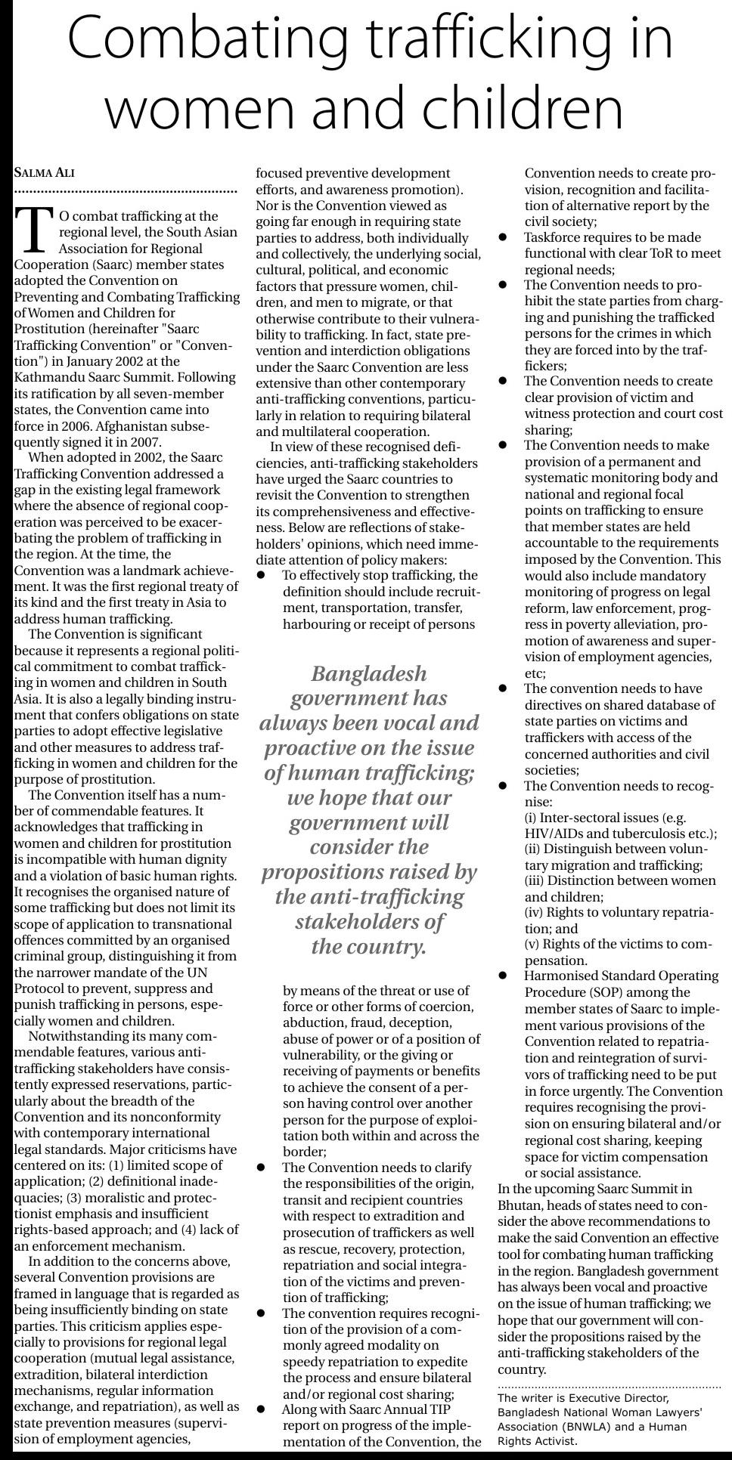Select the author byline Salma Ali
click(45, 173)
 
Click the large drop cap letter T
click(33, 229)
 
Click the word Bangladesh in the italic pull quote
click(368, 673)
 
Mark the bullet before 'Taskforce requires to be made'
click(503, 237)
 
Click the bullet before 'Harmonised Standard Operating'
click(503, 976)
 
